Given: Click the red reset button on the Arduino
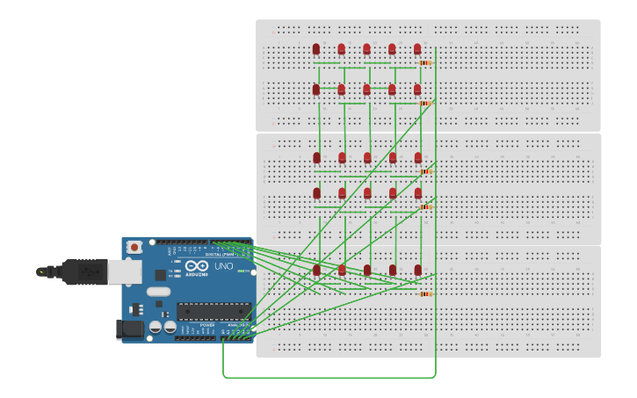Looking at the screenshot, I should coord(134,248).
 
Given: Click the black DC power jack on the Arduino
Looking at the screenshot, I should coord(130,329).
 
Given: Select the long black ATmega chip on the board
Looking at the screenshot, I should coord(214,311).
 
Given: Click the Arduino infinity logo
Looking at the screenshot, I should coord(197,265).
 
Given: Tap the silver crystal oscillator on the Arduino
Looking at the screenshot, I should coord(158,291).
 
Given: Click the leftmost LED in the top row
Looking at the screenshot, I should coord(316,49).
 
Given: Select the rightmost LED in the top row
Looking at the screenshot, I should coord(417,49).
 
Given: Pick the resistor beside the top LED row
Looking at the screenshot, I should coord(425,62).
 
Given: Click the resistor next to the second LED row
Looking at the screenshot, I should coord(425,103).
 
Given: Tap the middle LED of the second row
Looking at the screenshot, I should coord(366,90).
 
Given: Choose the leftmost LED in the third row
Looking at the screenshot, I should coord(317,158).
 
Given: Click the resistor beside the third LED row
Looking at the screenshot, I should coord(426,171).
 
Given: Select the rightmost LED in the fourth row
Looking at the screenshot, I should coord(418,193).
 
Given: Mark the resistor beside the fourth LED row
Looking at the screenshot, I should coord(426,206).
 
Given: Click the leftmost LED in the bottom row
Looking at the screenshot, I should coord(316,271).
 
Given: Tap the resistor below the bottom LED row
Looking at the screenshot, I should coord(426,293).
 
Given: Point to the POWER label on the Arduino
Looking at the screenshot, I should coord(206,324).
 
